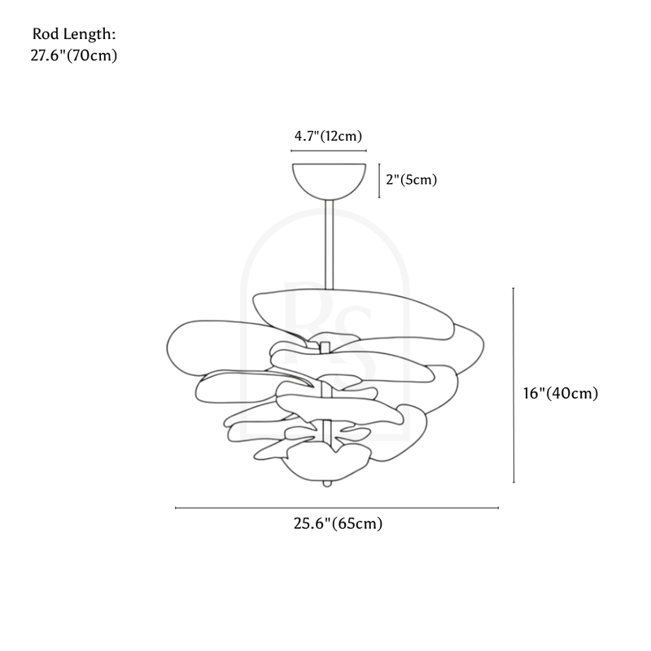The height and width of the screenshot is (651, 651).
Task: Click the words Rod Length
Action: [x=73, y=34]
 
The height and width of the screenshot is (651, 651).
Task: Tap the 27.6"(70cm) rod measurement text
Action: [x=74, y=55]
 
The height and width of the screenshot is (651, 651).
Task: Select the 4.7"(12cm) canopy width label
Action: [x=328, y=136]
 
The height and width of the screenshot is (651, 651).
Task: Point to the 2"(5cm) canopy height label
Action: [x=412, y=180]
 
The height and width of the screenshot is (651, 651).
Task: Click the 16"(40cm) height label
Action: [x=561, y=393]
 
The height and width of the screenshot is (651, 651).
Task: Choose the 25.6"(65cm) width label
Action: [x=338, y=523]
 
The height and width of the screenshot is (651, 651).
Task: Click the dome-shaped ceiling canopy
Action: [x=329, y=181]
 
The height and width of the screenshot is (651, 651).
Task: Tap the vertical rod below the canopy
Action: [x=329, y=245]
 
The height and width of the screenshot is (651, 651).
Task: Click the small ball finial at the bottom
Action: [x=327, y=483]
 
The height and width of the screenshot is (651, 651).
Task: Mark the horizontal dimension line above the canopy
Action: [x=329, y=151]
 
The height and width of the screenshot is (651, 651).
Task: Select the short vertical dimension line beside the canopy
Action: [x=379, y=181]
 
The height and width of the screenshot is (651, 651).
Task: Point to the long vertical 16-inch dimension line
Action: [x=513, y=385]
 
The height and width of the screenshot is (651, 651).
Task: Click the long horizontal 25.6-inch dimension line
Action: [x=337, y=508]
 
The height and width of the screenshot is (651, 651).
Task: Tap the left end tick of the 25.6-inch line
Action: [x=176, y=508]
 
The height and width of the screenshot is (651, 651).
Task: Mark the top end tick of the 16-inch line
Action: [x=513, y=288]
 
